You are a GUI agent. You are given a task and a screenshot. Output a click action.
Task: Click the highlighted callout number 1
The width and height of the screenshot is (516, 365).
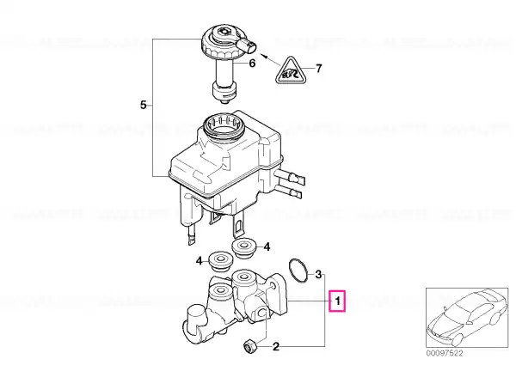coord(337,301)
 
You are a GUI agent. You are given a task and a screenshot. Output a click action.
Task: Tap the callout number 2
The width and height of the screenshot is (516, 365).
coord(276,346)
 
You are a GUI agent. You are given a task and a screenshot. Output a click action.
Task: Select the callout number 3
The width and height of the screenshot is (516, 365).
coord(318,274)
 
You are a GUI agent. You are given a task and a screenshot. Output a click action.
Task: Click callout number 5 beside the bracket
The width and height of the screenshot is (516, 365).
coord(143,105)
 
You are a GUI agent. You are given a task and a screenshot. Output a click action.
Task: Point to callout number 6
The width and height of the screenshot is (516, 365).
coord(252,63)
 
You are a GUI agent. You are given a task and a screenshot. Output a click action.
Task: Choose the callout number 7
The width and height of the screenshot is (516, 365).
coord(318,69)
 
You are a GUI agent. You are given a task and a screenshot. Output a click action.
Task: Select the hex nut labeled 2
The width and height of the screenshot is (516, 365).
coord(249,346)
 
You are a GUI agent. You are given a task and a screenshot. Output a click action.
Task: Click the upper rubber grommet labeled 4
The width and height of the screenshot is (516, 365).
coord(244,247)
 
